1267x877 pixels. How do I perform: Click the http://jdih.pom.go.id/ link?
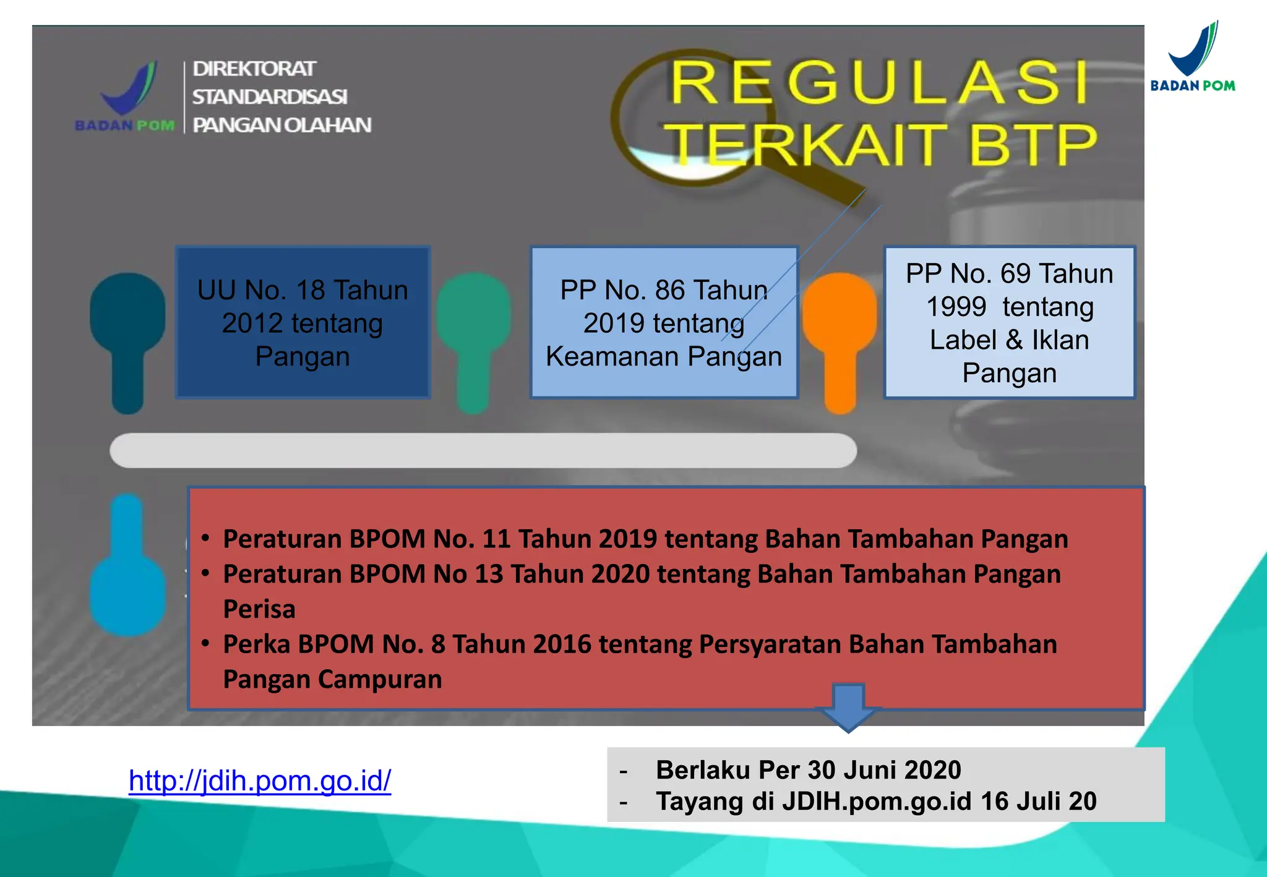tap(260, 781)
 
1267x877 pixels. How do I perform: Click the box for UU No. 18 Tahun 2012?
tap(303, 322)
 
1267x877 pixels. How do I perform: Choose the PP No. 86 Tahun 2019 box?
tap(663, 322)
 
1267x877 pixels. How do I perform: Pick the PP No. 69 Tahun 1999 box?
tap(1009, 322)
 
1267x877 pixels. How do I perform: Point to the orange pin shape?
tap(840, 334)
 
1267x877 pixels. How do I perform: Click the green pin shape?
tap(473, 334)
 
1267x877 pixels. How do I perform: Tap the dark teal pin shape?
tap(128, 334)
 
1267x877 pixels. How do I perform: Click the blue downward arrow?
tap(848, 708)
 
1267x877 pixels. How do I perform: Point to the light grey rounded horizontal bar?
tap(483, 450)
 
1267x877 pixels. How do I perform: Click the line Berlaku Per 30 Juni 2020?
tap(808, 770)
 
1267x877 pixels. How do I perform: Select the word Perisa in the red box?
tap(259, 609)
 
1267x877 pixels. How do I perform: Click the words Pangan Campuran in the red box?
tap(332, 679)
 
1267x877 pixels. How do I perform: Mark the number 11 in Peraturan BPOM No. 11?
tap(497, 539)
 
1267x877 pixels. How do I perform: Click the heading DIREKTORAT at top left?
tap(254, 69)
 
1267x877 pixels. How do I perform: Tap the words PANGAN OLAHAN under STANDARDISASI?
tap(281, 125)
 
